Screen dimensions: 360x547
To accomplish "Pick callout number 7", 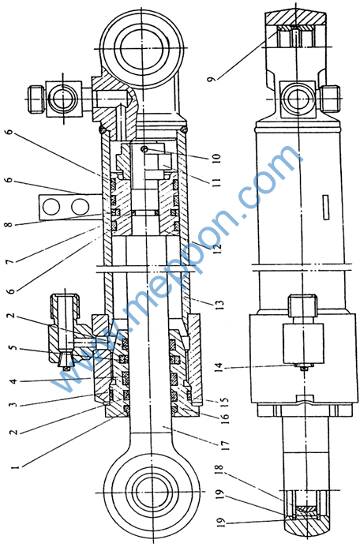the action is coord(10,260).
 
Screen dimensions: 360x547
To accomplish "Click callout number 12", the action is coord(218,248).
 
